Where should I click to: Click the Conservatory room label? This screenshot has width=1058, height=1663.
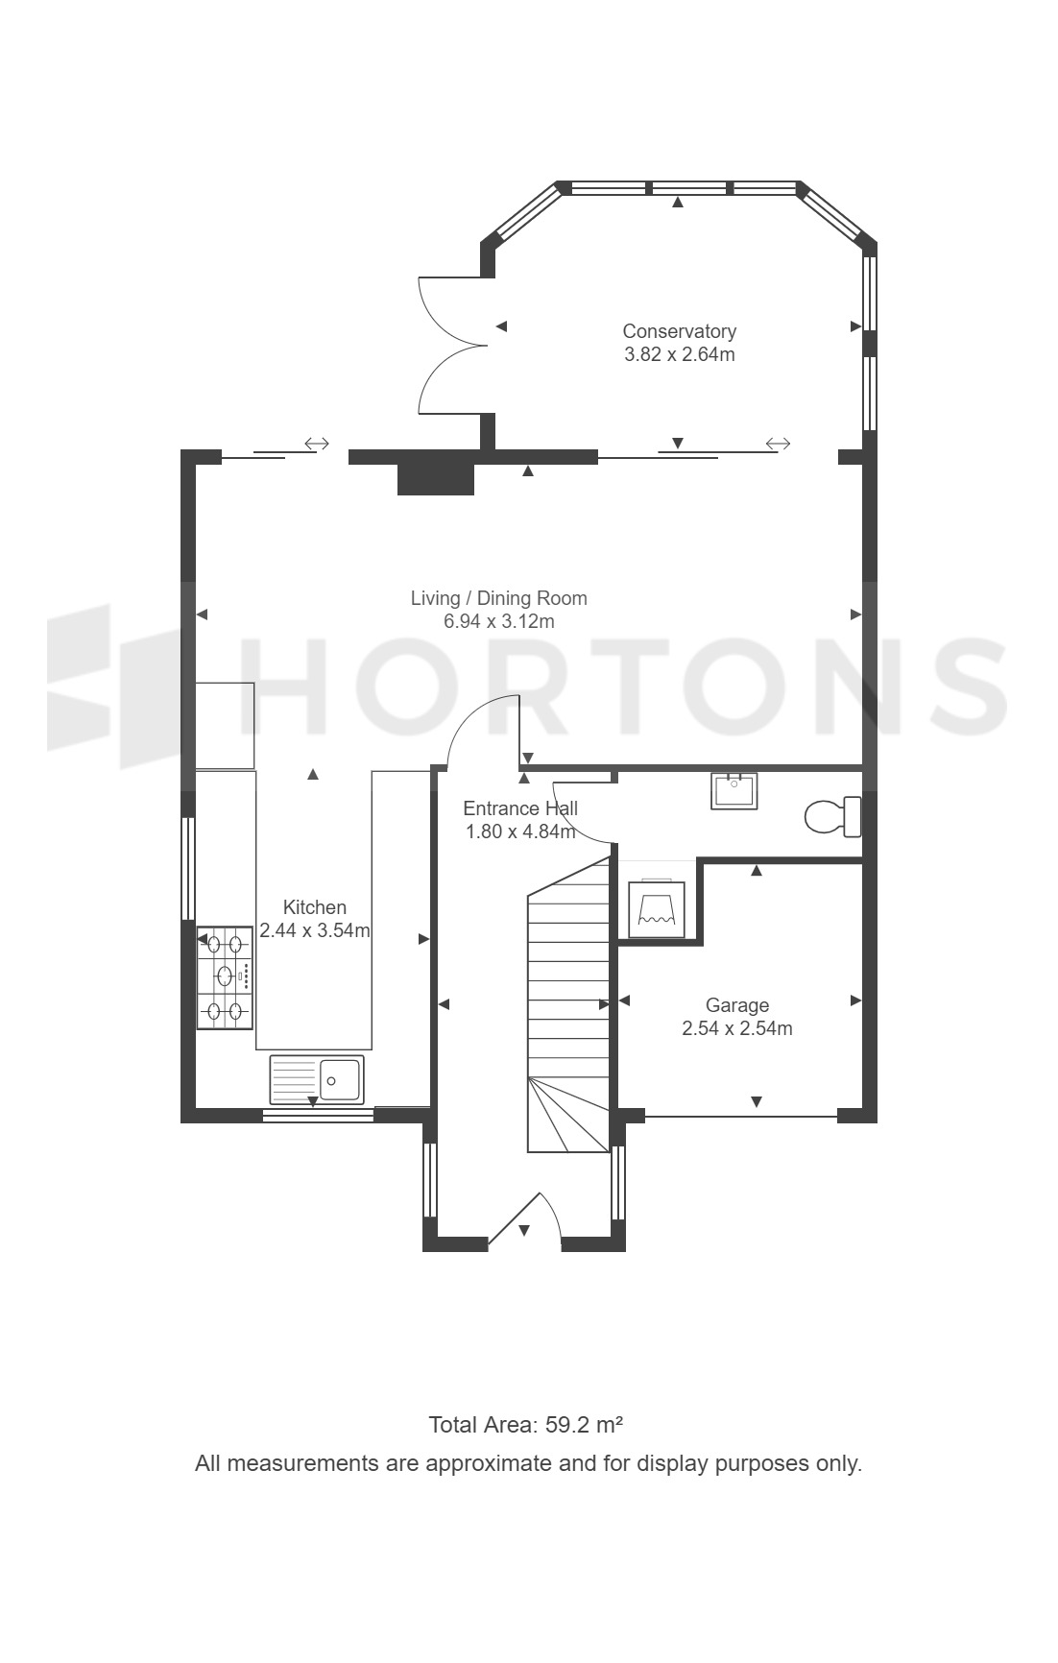click(x=679, y=331)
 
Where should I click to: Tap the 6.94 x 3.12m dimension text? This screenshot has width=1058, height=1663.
click(x=498, y=621)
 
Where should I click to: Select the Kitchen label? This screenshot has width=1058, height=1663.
click(x=315, y=907)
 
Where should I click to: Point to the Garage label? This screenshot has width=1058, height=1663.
click(x=737, y=1005)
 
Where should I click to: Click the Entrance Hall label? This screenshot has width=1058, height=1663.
click(x=520, y=808)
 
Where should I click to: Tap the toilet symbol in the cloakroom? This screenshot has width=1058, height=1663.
click(x=832, y=816)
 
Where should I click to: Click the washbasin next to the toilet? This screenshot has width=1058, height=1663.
click(x=734, y=790)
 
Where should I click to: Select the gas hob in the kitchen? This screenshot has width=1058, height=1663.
click(x=226, y=977)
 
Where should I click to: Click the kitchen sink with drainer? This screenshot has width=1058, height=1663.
click(x=317, y=1079)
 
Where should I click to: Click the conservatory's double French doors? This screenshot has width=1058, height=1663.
click(x=451, y=346)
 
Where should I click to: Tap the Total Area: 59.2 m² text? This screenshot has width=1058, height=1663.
click(x=527, y=1424)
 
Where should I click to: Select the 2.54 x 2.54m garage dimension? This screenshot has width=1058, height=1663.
click(x=737, y=1028)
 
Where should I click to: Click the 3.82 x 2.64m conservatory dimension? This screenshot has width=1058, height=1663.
click(x=680, y=354)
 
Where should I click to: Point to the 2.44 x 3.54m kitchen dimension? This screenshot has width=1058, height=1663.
click(x=315, y=930)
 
